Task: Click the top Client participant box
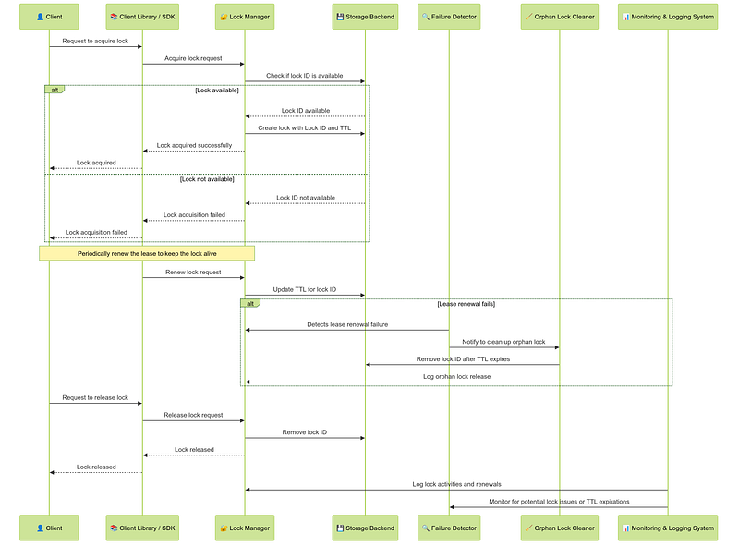[x=49, y=17]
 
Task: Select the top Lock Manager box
[x=245, y=17]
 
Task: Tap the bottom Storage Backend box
[x=365, y=528]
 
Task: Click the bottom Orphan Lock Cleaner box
[x=560, y=528]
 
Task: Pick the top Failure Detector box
[x=449, y=17]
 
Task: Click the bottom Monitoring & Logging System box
[x=668, y=528]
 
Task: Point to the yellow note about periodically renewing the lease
[x=147, y=253]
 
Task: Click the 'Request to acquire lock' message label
[x=95, y=41]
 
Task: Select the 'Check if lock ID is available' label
[x=305, y=76]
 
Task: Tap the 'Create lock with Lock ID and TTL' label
[x=305, y=127]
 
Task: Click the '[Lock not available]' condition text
[x=207, y=179]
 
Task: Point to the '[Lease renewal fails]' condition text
[x=466, y=304]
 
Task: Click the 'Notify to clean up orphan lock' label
[x=503, y=342]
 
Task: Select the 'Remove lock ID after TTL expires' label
[x=463, y=359]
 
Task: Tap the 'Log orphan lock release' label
[x=456, y=377]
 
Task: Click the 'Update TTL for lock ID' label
[x=305, y=289]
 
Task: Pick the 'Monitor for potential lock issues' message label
[x=559, y=502]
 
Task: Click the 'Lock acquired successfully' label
[x=194, y=145]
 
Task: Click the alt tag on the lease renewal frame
[x=250, y=303]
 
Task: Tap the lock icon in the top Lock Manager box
[x=224, y=17]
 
